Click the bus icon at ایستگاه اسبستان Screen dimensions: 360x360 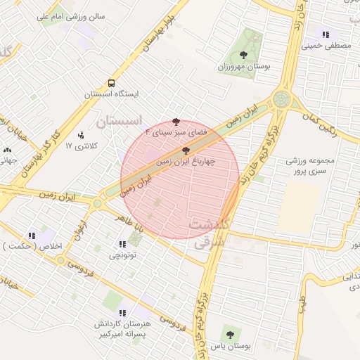[x=112, y=83]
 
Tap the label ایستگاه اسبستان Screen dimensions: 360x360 [x=112, y=94]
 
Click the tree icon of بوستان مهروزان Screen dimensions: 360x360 [x=243, y=55]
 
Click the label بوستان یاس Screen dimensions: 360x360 [x=229, y=345]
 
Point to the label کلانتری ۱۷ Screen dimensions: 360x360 [x=79, y=146]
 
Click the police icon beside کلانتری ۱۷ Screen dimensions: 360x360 [x=81, y=134]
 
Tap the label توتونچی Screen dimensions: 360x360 [x=123, y=256]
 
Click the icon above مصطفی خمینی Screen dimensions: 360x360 [x=325, y=34]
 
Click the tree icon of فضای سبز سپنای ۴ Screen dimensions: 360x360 [x=176, y=122]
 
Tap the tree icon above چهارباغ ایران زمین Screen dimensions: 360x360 [x=185, y=150]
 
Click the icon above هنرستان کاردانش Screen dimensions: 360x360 [x=122, y=313]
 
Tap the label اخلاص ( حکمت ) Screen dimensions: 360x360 [x=34, y=246]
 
